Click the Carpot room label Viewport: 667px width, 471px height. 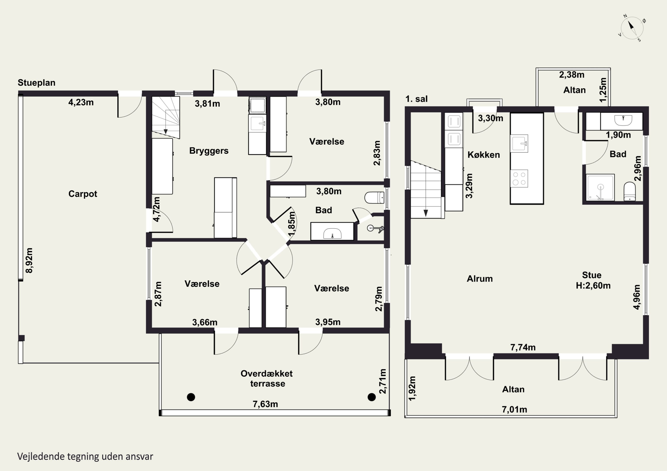click(83, 194)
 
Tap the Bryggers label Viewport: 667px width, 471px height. click(209, 151)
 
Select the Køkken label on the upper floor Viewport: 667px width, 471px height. click(484, 155)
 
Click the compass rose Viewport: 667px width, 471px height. click(632, 32)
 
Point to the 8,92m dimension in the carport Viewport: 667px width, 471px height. click(29, 260)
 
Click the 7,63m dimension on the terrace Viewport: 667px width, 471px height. click(265, 404)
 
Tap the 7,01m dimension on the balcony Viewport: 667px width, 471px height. click(514, 409)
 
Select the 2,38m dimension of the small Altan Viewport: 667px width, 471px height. click(572, 75)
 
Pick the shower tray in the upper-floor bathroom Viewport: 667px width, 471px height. click(600, 187)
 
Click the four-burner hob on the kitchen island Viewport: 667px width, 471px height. click(519, 179)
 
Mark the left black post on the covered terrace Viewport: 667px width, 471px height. click(191, 397)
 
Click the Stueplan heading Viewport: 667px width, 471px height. click(37, 83)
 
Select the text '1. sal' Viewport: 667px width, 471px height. click(417, 99)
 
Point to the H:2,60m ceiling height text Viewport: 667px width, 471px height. click(593, 286)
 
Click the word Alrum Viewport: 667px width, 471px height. click(480, 279)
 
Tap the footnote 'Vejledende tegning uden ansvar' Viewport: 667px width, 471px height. click(85, 457)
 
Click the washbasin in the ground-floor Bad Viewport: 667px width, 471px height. click(332, 231)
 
